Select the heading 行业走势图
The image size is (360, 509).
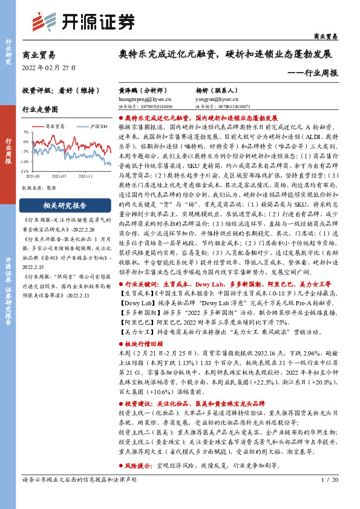(x=41, y=110)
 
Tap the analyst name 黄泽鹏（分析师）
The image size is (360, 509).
(x=137, y=89)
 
